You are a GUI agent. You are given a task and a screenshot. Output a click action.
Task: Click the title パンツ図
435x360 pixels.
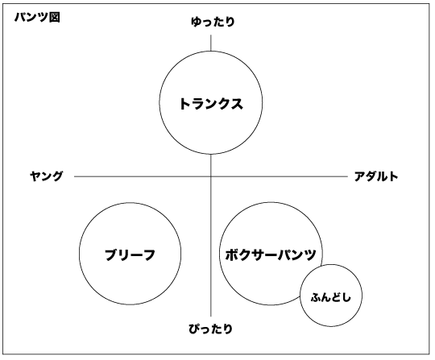pos(37,18)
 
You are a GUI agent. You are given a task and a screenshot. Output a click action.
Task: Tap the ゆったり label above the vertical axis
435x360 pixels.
pos(213,22)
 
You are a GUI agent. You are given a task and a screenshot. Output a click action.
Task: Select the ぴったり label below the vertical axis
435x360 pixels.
pos(210,329)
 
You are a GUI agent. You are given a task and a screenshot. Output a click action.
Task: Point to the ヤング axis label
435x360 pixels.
pos(47,176)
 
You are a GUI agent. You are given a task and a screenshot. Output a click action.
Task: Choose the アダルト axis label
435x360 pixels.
pos(376,176)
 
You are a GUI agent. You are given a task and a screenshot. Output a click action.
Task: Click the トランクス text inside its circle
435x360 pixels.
pos(211,104)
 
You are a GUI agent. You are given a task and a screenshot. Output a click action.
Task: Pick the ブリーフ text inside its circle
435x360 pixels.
pos(130,254)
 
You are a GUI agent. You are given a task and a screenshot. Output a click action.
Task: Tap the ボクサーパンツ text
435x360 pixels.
pos(271,254)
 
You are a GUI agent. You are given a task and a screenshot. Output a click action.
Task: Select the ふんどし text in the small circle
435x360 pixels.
pos(331,298)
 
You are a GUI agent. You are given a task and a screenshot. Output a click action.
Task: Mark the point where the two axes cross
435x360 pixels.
pos(211,176)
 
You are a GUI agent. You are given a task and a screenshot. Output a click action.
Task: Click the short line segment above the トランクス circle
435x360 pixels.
pos(211,43)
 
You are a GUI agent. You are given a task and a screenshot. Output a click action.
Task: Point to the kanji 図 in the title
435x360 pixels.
pos(55,18)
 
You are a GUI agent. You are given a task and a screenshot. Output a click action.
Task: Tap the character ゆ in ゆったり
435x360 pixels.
pos(196,22)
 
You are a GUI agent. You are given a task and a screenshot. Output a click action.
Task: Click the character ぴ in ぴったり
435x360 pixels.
pos(194,329)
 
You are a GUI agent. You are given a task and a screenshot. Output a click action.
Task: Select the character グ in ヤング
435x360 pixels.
pos(58,176)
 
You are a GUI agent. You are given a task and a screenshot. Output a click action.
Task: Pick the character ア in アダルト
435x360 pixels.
pos(359,176)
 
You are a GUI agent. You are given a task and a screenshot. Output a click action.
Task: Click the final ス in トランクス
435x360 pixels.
pos(237,104)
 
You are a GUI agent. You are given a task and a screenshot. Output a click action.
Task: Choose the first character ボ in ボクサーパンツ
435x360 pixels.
pos(231,254)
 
